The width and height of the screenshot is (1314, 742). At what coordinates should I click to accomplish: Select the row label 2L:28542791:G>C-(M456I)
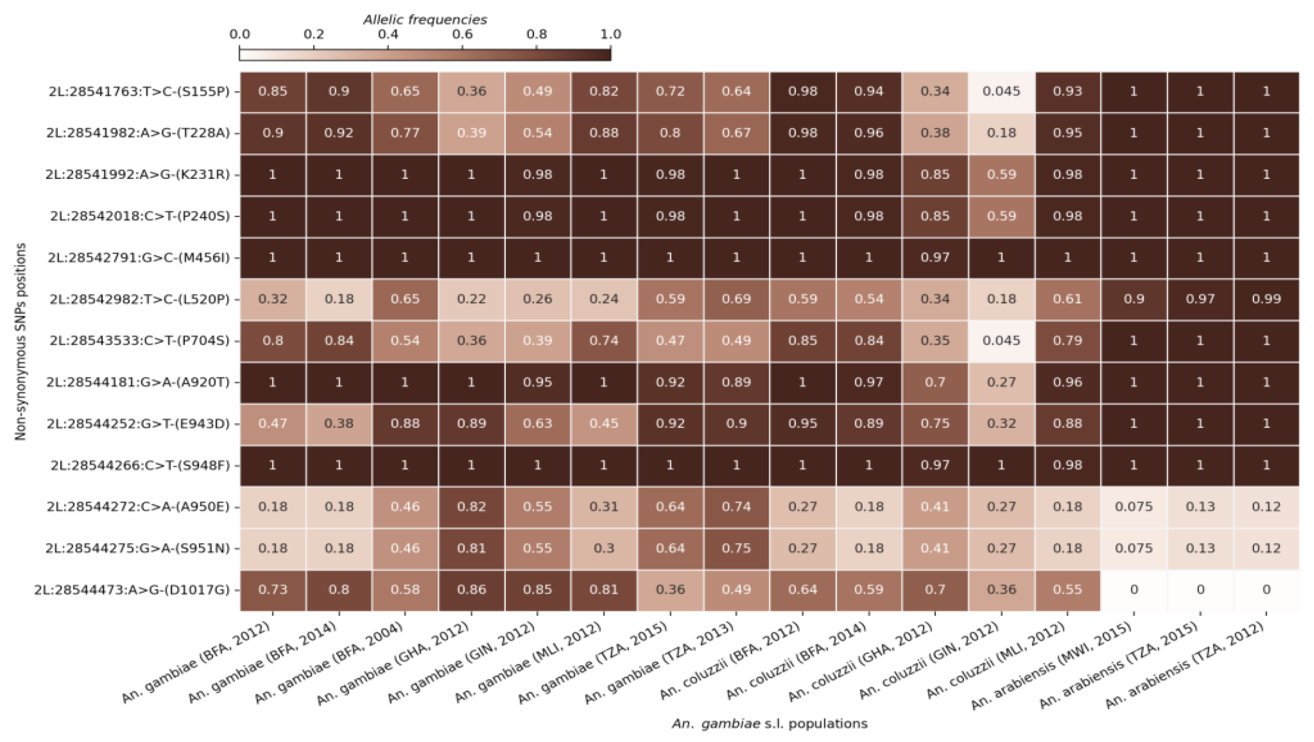coord(139,258)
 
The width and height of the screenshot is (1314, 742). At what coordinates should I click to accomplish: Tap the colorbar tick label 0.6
coord(462,35)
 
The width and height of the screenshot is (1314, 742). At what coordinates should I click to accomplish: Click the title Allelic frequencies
coord(425,20)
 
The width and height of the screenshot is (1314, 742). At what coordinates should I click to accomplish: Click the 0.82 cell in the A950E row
coord(471,507)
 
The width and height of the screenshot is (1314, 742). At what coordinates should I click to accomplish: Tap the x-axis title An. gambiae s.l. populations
coord(769,724)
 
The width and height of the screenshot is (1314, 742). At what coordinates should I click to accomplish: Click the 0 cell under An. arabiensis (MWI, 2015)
coord(1134,590)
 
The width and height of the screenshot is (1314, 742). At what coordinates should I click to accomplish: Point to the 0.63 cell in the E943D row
coord(537,423)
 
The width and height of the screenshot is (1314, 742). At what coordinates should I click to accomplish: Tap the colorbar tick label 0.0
coord(240,35)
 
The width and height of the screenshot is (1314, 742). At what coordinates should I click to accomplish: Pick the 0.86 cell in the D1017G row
coord(471,590)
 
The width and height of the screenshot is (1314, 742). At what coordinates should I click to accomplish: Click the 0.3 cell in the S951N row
coord(603,548)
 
